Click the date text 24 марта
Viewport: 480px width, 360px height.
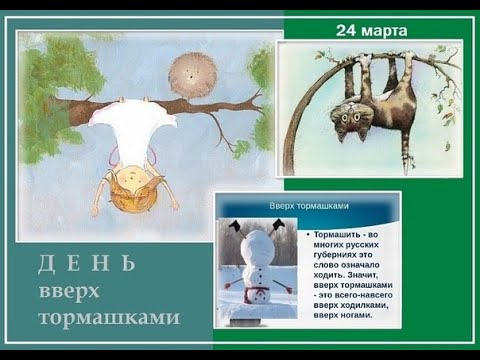click(x=371, y=31)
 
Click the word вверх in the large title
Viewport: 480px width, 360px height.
click(x=71, y=291)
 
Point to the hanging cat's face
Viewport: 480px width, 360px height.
click(x=352, y=117)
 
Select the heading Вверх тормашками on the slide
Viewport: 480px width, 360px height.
click(x=309, y=205)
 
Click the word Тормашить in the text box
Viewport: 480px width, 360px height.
click(x=342, y=234)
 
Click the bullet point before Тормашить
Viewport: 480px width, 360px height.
click(x=305, y=234)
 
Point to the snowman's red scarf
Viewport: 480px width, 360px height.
click(x=258, y=294)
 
